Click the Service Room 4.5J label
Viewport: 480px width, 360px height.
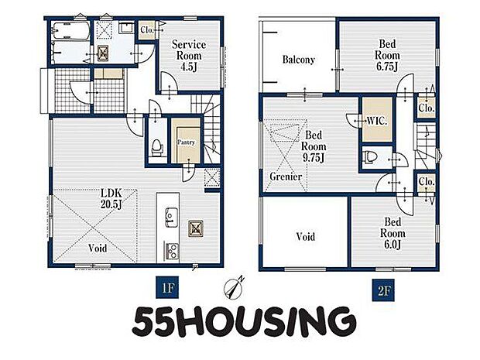[x=188, y=56]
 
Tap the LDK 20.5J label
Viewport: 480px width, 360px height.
[x=111, y=199]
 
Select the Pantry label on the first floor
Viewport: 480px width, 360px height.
[x=186, y=142]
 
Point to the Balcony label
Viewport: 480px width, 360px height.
[x=299, y=60]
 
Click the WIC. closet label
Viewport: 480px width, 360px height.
[x=377, y=121]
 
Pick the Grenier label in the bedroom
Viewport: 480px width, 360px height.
[x=286, y=177]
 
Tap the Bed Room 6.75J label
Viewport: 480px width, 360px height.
[x=387, y=55]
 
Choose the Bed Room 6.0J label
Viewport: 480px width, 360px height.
[x=393, y=233]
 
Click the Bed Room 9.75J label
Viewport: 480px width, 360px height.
[x=314, y=146]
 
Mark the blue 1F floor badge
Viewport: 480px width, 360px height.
[x=167, y=287]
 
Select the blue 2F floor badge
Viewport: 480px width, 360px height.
[x=383, y=290]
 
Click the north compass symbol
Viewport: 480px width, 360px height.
[x=235, y=288]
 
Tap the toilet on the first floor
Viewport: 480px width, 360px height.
[x=157, y=147]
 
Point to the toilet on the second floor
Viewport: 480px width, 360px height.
[x=369, y=156]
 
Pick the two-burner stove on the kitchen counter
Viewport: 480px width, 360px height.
[x=173, y=251]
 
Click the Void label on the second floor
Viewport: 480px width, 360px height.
[x=306, y=237]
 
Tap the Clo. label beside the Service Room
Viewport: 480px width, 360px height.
[x=147, y=30]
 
